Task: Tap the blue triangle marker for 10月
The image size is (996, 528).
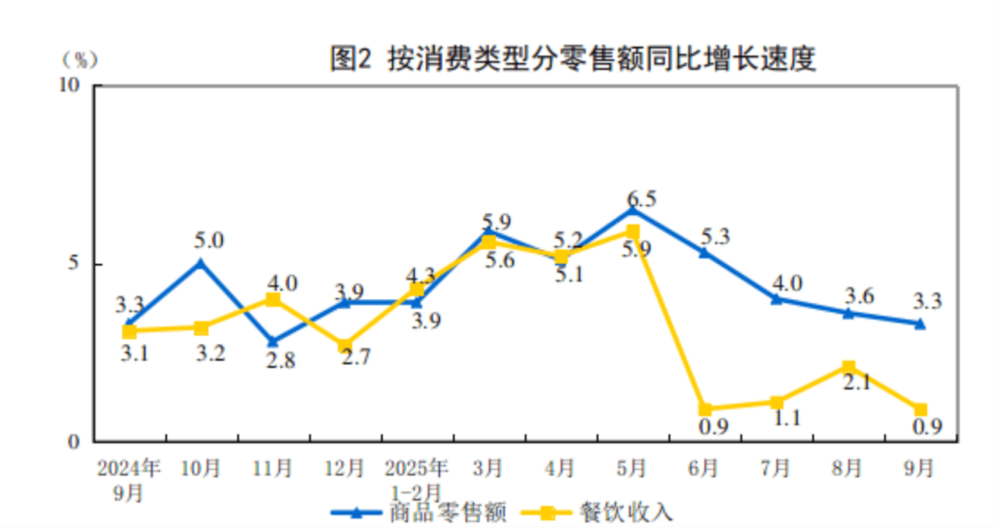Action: coord(201,263)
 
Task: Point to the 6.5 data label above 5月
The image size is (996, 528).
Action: coord(641,199)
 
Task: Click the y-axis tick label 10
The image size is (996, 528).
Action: coord(70,85)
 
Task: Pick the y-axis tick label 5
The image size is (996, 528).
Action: coord(77,264)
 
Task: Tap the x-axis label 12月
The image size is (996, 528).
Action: coord(345,468)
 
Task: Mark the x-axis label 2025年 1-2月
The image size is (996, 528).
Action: coord(417,479)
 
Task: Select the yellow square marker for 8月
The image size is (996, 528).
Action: coord(848,367)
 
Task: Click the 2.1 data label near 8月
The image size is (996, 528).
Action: coord(857,381)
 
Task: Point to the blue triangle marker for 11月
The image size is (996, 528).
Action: coord(273,342)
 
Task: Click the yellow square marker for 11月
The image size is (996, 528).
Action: coord(273,299)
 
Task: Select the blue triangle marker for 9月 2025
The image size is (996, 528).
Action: coord(919,323)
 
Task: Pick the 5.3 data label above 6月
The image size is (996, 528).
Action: coord(714,236)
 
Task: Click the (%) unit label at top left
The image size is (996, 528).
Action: coord(79,59)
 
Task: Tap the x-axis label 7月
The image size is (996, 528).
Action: coord(777,468)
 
